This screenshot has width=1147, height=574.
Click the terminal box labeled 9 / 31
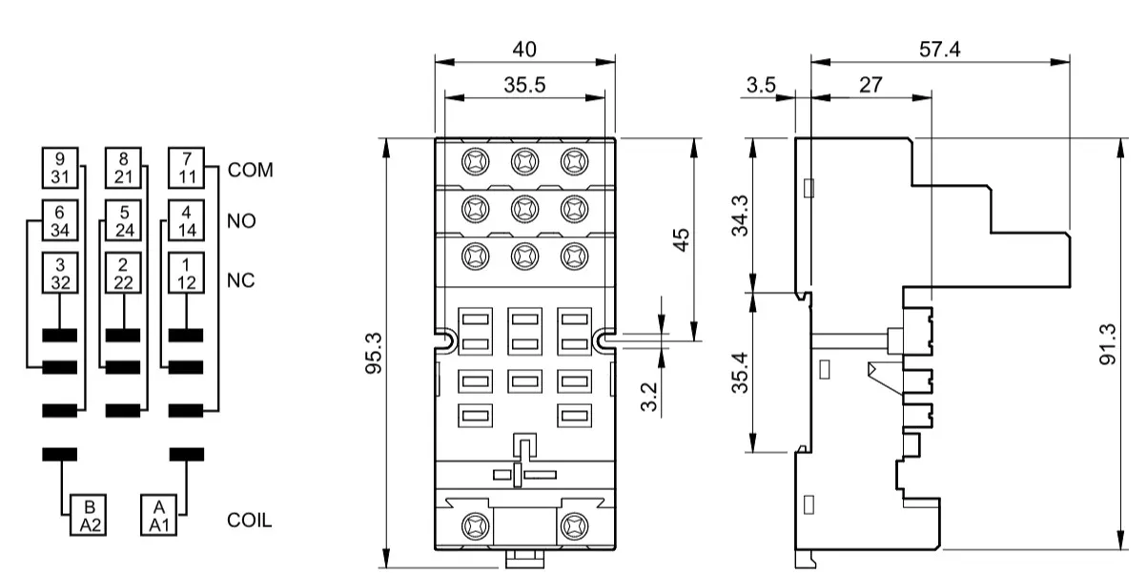pyautogui.click(x=60, y=168)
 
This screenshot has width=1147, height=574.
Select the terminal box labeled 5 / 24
pyautogui.click(x=123, y=220)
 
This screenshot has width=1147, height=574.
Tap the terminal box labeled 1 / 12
pyautogui.click(x=186, y=273)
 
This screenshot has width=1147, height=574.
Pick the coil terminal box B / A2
pyautogui.click(x=88, y=515)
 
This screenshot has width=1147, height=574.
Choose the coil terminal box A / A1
pyautogui.click(x=158, y=515)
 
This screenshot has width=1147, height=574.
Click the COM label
pyautogui.click(x=251, y=170)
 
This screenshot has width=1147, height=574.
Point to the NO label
pyautogui.click(x=241, y=221)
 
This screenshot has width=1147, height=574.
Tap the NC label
pyautogui.click(x=240, y=280)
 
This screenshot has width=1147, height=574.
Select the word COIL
pyautogui.click(x=250, y=521)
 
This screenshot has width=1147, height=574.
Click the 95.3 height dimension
pyautogui.click(x=374, y=354)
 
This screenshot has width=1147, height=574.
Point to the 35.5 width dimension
pyautogui.click(x=524, y=85)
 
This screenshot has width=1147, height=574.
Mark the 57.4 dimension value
pyautogui.click(x=939, y=50)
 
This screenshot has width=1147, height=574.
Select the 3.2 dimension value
pyautogui.click(x=649, y=397)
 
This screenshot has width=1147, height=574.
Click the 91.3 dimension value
pyautogui.click(x=1108, y=344)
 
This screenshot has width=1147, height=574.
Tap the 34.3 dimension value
pyautogui.click(x=740, y=215)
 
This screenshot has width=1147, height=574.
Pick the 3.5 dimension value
pyautogui.click(x=761, y=85)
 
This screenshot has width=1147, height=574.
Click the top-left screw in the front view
pyautogui.click(x=475, y=162)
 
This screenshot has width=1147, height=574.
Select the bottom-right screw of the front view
pyautogui.click(x=575, y=526)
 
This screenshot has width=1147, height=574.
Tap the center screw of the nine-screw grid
pyautogui.click(x=524, y=209)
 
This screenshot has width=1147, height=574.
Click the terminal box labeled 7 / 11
pyautogui.click(x=186, y=168)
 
